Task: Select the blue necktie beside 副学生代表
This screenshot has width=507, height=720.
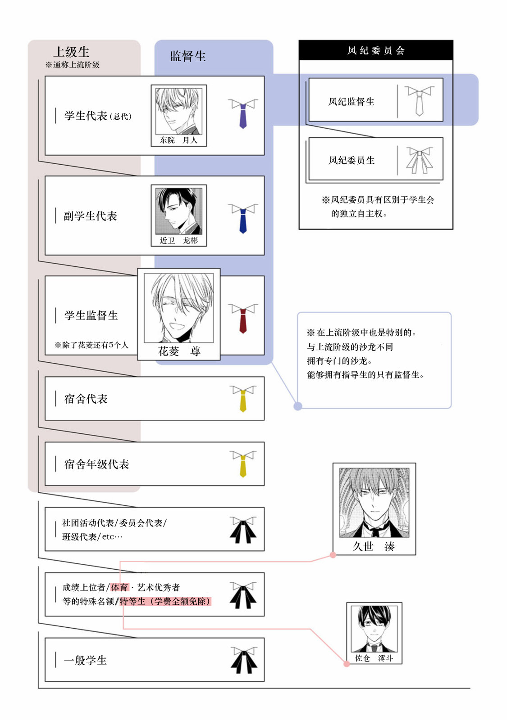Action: (243, 218)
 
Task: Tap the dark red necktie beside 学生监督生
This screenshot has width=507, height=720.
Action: (243, 318)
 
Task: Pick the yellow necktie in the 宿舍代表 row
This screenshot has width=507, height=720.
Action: (243, 399)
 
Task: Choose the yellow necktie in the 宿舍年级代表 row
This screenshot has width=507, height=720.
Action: (243, 464)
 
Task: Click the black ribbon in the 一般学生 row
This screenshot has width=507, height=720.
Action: (244, 660)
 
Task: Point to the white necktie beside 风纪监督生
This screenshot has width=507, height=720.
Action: (419, 101)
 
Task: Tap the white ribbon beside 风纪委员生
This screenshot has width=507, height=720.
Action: (420, 160)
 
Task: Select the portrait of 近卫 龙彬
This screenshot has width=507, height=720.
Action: (178, 211)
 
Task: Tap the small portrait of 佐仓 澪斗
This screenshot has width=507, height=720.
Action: (374, 629)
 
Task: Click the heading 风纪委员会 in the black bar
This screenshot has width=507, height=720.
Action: (376, 50)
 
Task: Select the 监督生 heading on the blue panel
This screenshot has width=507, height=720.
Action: (187, 56)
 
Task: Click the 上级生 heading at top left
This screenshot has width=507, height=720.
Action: (71, 52)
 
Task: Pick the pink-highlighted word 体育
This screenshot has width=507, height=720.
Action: (119, 587)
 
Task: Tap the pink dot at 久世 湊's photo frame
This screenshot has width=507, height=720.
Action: (333, 555)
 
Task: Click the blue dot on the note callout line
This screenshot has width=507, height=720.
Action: (298, 406)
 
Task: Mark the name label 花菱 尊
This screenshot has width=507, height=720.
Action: (179, 351)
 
